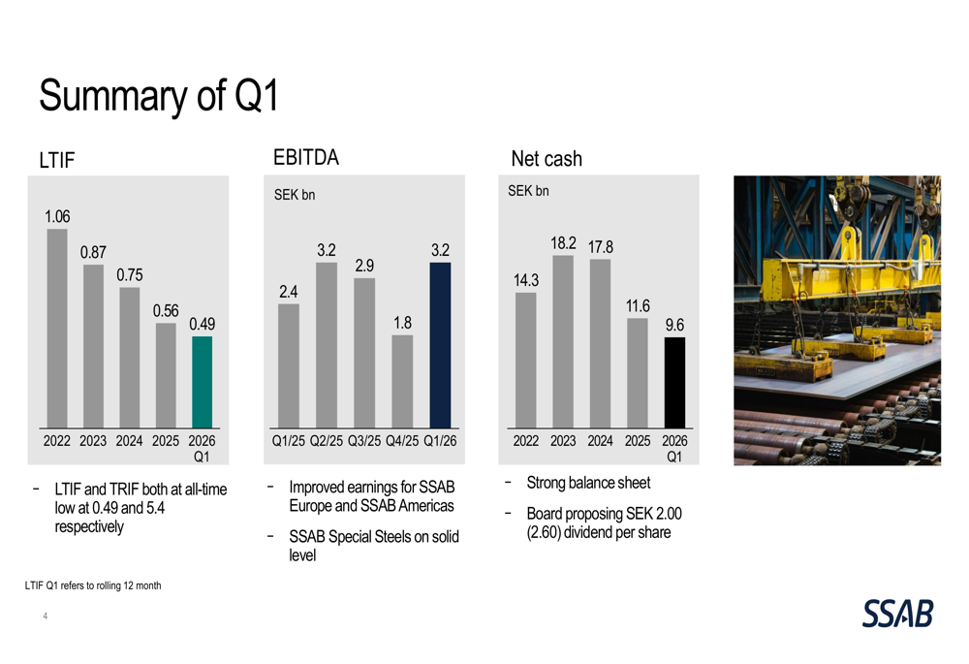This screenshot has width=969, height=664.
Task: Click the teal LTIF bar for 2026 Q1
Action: [x=202, y=382]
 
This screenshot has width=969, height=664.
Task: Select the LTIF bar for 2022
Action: [x=57, y=329]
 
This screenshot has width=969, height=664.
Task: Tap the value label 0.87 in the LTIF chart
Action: [x=93, y=252]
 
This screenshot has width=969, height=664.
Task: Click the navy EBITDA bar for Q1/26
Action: [x=440, y=345]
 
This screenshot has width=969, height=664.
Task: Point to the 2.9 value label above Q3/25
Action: [x=364, y=266]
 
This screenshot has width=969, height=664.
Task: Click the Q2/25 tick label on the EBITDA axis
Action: [x=327, y=441]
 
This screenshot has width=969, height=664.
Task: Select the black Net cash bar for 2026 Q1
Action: [x=674, y=382]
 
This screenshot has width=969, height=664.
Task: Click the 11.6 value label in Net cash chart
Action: [x=637, y=305]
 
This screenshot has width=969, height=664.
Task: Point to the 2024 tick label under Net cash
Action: [x=600, y=441]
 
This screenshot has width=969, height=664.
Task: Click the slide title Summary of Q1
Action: [x=158, y=96]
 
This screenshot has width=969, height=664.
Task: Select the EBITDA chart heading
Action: [x=306, y=157]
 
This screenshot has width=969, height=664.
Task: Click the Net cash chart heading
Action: [x=547, y=158]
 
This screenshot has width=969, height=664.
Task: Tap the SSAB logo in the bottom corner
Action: [x=897, y=613]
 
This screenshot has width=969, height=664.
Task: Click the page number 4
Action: [x=45, y=617]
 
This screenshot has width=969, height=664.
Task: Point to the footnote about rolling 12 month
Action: [x=93, y=585]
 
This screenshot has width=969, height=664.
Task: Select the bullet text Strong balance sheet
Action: [x=588, y=483]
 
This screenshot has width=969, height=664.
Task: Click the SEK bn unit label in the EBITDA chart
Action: [x=295, y=195]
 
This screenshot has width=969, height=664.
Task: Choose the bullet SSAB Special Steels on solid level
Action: [x=373, y=546]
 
